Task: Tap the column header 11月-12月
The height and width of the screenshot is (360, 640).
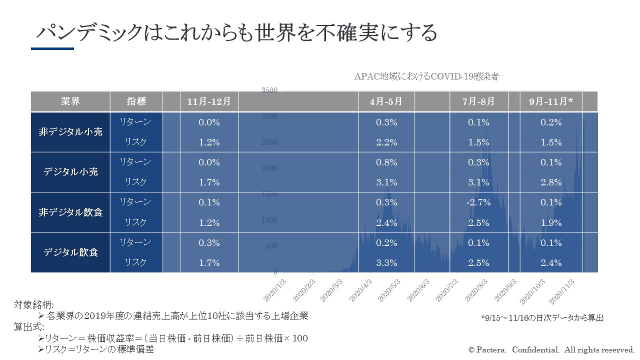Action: [x=209, y=101]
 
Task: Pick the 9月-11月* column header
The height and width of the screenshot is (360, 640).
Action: [x=552, y=101]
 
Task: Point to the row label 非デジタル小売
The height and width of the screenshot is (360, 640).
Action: [x=70, y=132]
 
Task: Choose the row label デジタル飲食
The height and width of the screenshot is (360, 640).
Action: [x=70, y=252]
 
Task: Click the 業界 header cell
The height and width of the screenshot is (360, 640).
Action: [x=70, y=101]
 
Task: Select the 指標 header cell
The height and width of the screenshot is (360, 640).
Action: [x=136, y=101]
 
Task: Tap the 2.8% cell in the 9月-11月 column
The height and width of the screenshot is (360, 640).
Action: [x=552, y=182]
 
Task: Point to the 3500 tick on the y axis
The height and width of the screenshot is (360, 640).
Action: [x=269, y=90]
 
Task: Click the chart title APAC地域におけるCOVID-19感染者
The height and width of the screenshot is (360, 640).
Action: [x=426, y=76]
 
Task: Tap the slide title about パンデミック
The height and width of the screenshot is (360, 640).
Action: [x=236, y=33]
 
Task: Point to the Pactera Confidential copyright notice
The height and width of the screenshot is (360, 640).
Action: [x=551, y=349]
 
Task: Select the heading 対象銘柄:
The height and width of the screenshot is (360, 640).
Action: [x=33, y=305]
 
